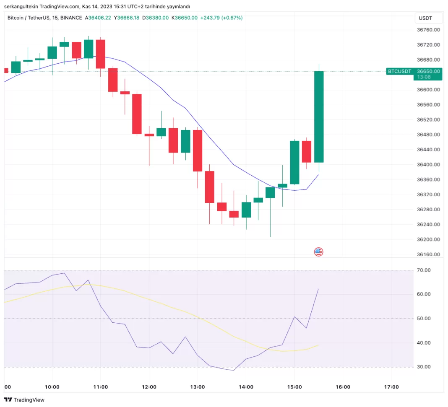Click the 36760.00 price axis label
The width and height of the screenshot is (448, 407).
(x=428, y=30)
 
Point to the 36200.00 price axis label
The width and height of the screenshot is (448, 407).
(x=428, y=239)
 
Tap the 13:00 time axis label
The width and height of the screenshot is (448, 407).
(x=197, y=387)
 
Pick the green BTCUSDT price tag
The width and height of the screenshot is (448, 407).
(x=399, y=71)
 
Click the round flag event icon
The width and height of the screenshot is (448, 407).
(x=318, y=252)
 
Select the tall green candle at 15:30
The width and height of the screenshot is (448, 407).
(x=319, y=117)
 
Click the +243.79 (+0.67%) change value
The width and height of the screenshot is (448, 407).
(x=221, y=18)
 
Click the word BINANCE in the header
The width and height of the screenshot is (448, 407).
(x=71, y=18)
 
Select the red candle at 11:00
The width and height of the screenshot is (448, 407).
(x=101, y=54)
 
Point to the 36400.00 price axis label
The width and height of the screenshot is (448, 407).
(x=428, y=165)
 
